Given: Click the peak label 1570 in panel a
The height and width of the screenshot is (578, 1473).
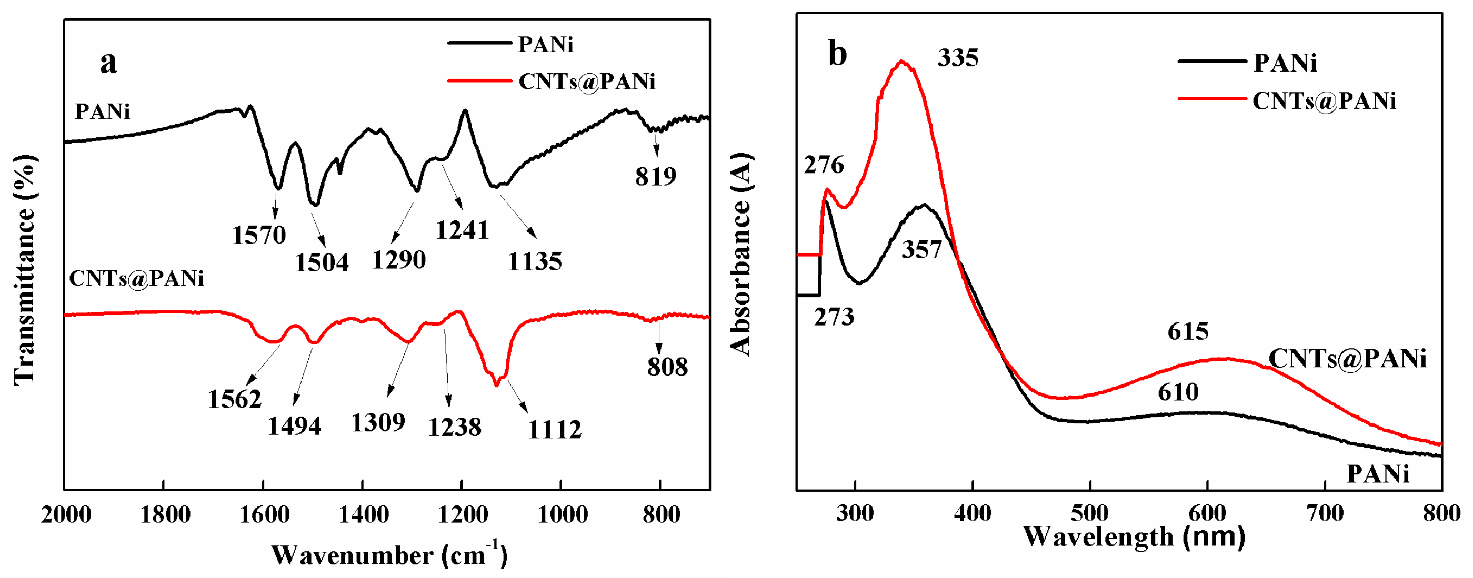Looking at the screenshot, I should click(258, 235).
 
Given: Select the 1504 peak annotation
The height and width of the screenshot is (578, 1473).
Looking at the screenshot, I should click(322, 262).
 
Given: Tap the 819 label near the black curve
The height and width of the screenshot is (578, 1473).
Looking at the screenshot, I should click(655, 176).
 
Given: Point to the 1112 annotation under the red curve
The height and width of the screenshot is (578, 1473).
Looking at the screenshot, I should click(554, 429).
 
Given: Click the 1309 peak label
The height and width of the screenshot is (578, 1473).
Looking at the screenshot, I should click(378, 422).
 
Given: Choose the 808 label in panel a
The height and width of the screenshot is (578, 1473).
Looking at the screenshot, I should click(667, 367).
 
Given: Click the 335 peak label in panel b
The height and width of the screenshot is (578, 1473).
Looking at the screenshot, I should click(958, 58).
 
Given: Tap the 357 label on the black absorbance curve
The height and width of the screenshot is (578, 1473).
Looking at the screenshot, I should click(921, 250).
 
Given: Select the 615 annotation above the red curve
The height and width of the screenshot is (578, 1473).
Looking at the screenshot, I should click(1188, 331).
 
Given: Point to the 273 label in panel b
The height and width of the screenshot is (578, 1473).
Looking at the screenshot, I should click(834, 317).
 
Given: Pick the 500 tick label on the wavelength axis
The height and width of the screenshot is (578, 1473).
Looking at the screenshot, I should click(1090, 513).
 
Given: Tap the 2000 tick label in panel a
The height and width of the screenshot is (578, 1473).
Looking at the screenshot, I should click(66, 514).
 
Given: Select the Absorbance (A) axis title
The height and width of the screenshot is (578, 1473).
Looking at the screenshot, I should click(741, 255).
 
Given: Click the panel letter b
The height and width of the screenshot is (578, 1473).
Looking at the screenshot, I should click(838, 54).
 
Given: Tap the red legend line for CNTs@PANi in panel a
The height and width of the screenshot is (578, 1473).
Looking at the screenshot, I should click(479, 80).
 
